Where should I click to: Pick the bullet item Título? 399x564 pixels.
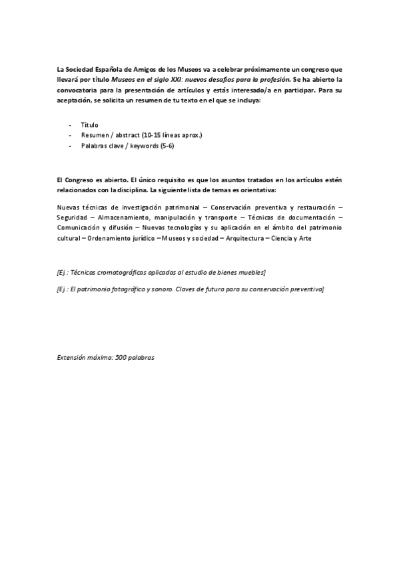pyautogui.click(x=89, y=124)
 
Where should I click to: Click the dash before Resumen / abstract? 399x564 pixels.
pyautogui.click(x=71, y=135)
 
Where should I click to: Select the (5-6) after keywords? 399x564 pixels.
pyautogui.click(x=167, y=146)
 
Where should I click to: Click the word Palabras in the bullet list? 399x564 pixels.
pyautogui.click(x=95, y=146)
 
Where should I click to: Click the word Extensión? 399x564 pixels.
pyautogui.click(x=73, y=357)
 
